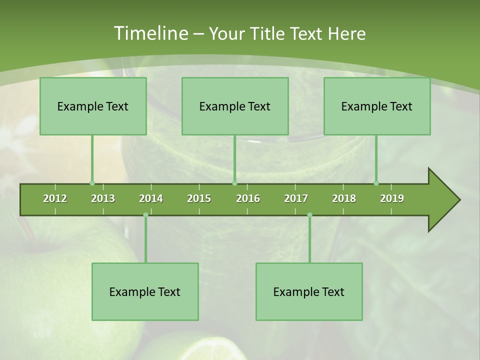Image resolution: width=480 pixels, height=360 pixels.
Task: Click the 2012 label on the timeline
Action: click(55, 198)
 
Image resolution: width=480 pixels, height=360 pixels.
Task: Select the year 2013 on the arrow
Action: click(103, 198)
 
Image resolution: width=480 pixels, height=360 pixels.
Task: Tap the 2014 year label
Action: click(151, 198)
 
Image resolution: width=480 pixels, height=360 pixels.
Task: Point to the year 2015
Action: click(199, 198)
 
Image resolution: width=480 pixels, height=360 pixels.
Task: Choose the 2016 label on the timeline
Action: click(248, 198)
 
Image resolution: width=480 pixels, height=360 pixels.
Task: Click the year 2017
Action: click(296, 198)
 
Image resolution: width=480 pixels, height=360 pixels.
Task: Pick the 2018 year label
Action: click(344, 198)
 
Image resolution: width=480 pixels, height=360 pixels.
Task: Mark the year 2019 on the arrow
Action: click(392, 198)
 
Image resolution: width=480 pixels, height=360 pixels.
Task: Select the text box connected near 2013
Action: click(93, 106)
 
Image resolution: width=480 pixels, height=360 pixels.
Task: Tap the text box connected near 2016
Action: click(235, 106)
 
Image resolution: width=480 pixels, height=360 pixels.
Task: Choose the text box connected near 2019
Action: click(377, 106)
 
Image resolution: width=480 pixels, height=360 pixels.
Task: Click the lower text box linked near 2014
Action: click(145, 291)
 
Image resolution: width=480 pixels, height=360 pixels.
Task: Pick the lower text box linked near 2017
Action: click(309, 291)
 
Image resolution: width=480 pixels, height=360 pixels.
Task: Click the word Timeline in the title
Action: click(149, 33)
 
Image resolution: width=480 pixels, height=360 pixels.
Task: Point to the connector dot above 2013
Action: click(92, 183)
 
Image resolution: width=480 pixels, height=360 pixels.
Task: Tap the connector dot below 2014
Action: click(145, 215)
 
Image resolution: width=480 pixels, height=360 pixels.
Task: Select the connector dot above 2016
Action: click(234, 183)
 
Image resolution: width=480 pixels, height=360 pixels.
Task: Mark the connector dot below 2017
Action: click(309, 215)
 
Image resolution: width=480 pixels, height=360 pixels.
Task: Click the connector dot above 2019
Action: click(376, 183)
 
